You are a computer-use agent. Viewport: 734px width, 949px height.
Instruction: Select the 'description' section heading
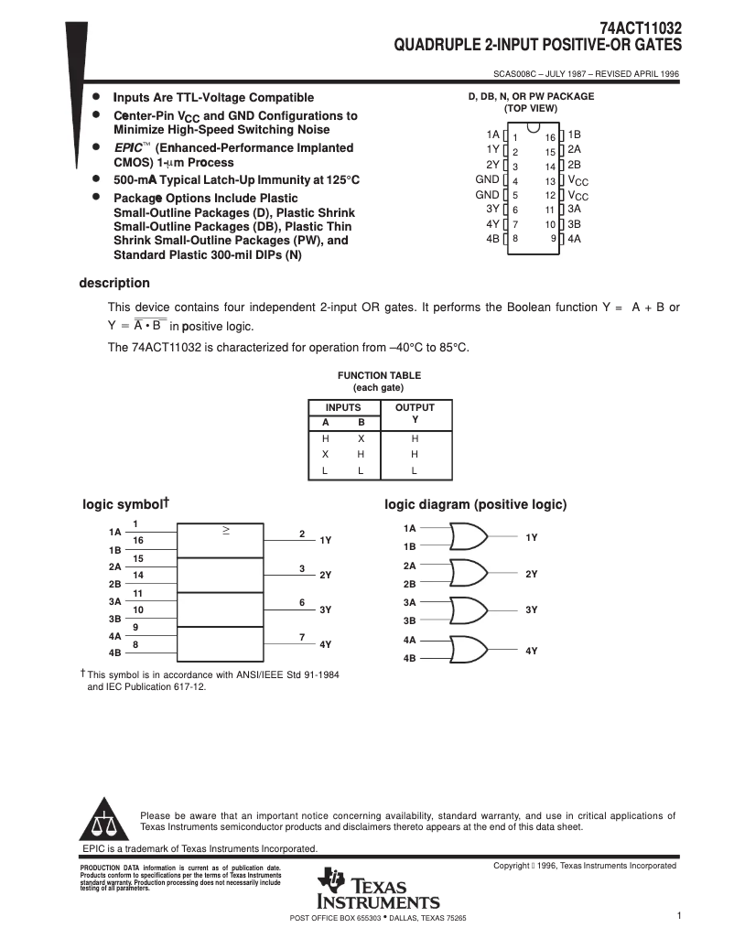click(114, 283)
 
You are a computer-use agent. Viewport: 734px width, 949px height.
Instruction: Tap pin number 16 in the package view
click(551, 136)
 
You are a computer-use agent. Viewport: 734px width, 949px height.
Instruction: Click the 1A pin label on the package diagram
click(493, 134)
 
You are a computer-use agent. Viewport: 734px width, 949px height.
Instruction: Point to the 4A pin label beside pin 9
click(575, 238)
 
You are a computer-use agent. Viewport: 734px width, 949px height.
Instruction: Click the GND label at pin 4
click(487, 179)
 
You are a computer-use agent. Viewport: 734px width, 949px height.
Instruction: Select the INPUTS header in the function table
click(343, 407)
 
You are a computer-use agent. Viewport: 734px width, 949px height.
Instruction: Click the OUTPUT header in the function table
click(415, 407)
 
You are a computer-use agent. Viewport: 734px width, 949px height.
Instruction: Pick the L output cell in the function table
click(415, 470)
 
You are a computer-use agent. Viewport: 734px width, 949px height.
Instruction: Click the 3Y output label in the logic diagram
click(532, 609)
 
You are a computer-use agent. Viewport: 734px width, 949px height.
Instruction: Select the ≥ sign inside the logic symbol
click(227, 530)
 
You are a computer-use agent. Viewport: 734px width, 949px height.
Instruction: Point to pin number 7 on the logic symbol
click(301, 636)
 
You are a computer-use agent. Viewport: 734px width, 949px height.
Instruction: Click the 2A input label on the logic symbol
click(115, 566)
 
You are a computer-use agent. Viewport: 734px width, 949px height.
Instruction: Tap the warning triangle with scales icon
click(103, 820)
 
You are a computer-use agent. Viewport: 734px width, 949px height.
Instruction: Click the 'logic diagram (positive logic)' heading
click(475, 504)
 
